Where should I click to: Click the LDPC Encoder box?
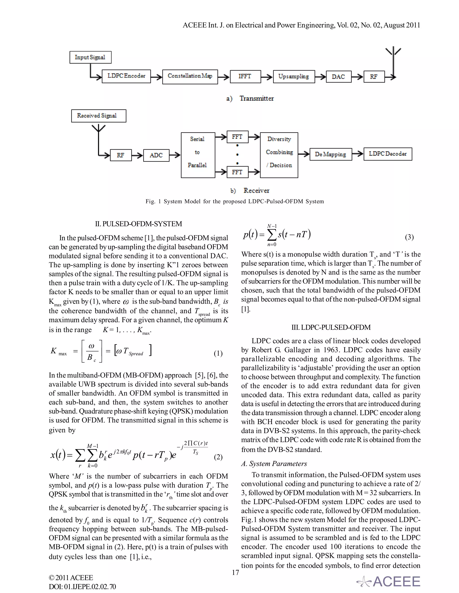126,76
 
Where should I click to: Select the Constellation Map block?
190,77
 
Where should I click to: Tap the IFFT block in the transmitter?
245,76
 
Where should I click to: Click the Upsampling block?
294,77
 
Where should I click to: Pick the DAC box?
338,77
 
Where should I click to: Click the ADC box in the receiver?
156,155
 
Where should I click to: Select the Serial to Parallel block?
198,155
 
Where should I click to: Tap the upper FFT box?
237,137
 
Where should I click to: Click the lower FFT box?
237,172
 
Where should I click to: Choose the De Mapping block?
330,154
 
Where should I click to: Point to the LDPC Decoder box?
388,154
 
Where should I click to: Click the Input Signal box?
90,57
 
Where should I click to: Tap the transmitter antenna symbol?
393,53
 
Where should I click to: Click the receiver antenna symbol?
99,129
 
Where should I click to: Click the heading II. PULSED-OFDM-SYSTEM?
139,224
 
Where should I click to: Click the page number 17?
235,572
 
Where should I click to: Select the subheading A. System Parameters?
274,464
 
